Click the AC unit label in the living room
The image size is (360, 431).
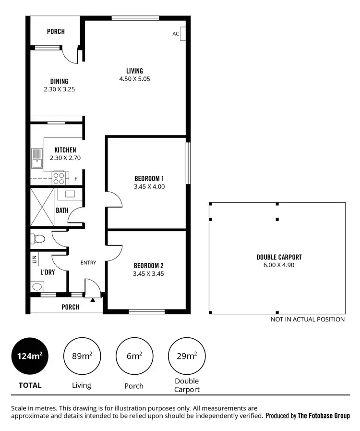[176, 34]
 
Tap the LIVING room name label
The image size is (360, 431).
[134, 71]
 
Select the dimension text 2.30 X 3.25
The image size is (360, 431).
[59, 89]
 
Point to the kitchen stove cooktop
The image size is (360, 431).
[59, 179]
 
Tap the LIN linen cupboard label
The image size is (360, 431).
[35, 260]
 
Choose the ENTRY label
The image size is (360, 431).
[88, 262]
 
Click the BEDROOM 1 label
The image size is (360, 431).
[149, 178]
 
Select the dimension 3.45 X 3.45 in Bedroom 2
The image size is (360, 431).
[149, 273]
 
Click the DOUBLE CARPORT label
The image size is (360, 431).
[279, 257]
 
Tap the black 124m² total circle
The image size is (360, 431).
[30, 356]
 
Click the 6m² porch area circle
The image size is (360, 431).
[133, 356]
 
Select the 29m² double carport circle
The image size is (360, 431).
[186, 356]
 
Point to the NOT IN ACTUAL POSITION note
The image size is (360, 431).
[307, 319]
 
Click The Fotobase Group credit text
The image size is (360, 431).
[324, 416]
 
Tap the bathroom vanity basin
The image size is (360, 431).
[70, 194]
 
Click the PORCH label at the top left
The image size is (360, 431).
[56, 32]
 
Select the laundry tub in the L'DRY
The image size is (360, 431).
[37, 287]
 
